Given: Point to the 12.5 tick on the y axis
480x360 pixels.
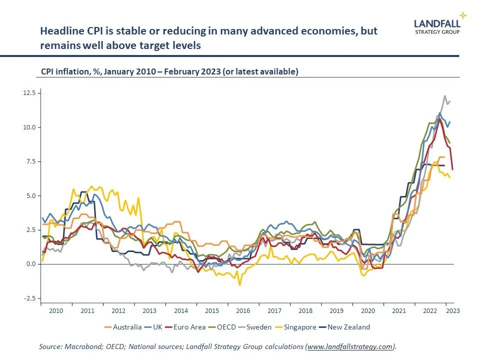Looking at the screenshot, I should coord(29,93).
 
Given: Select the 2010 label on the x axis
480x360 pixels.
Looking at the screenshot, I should coord(56,310).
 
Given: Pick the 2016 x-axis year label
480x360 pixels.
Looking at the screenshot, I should coord(243,310).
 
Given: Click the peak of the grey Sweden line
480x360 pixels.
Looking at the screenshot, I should coord(444,96).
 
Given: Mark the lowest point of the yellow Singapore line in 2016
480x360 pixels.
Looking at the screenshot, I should coord(239,285).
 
